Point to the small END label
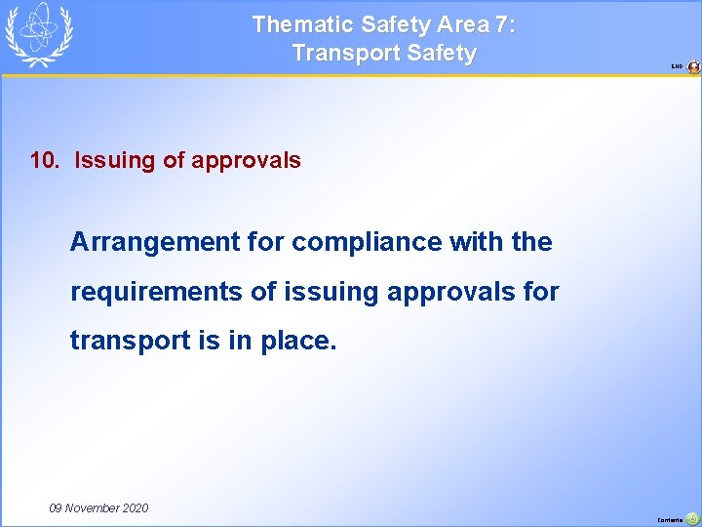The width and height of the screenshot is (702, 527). [x=677, y=67]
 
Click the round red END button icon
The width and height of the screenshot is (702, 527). [x=693, y=67]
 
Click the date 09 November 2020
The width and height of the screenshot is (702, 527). [x=98, y=507]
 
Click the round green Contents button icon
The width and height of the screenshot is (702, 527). [x=692, y=518]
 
